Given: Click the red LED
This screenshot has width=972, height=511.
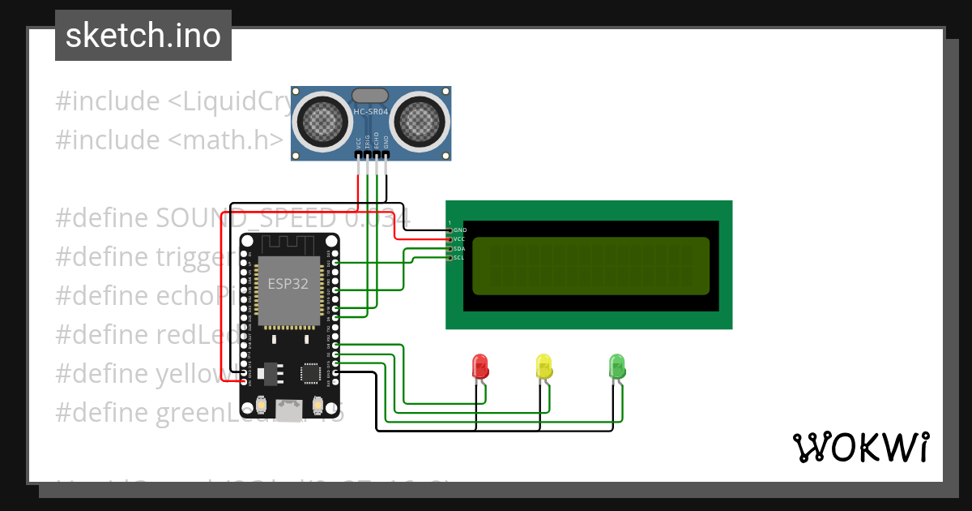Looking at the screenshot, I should pos(480,366).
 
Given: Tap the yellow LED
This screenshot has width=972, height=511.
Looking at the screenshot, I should pos(544,366).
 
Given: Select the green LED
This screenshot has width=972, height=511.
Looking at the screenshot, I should pos(617,366).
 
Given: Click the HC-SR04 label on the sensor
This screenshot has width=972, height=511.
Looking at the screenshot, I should pos(370,111).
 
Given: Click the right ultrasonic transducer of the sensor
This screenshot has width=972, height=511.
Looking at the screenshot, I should pos(420,121).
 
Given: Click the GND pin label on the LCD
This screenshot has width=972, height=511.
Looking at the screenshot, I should pos(459,230).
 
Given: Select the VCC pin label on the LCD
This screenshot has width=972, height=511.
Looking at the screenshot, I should pos(459,239).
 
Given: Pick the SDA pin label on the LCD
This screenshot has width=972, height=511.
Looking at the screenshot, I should pos(459,248).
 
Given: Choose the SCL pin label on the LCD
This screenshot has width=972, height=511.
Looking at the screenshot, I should pos(459,257).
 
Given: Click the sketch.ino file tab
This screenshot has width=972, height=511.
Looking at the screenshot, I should pos(143,36).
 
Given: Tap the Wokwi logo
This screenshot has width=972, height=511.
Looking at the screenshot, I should pos(860,447).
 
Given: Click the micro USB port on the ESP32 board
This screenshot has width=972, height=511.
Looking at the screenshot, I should pos(289,410).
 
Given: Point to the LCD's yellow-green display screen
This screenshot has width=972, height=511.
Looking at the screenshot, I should pos(590,266).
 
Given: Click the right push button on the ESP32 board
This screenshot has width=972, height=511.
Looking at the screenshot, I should pos(318,404).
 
